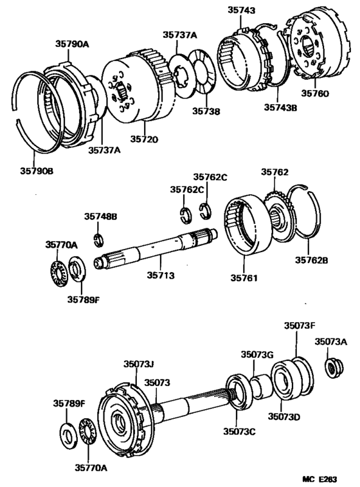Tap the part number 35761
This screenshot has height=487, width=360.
pos(245,279)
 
